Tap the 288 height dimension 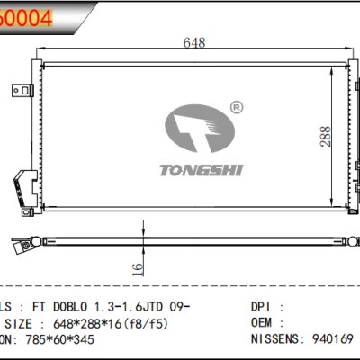click(x=325, y=135)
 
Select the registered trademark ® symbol click(x=235, y=107)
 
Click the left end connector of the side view click(x=22, y=241)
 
